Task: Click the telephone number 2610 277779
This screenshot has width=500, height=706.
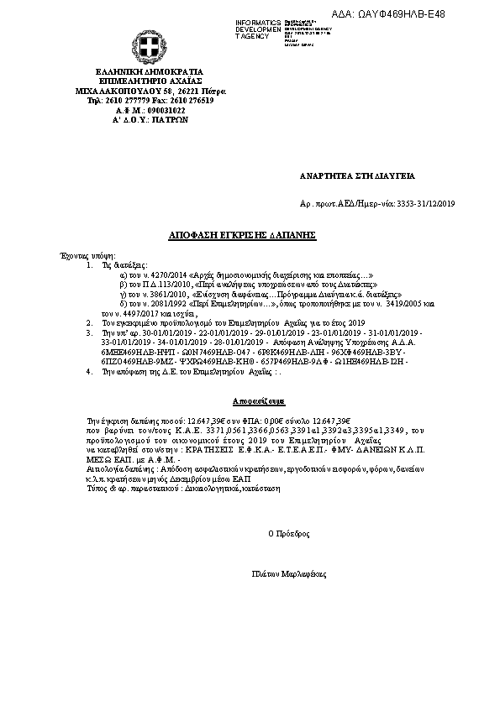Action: pos(125,100)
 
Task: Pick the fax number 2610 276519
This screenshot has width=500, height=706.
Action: pos(193,100)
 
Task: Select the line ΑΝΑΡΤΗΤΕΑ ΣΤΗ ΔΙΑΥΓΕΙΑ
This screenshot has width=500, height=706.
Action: pos(357,176)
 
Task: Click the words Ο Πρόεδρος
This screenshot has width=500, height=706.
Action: pos(283,532)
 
